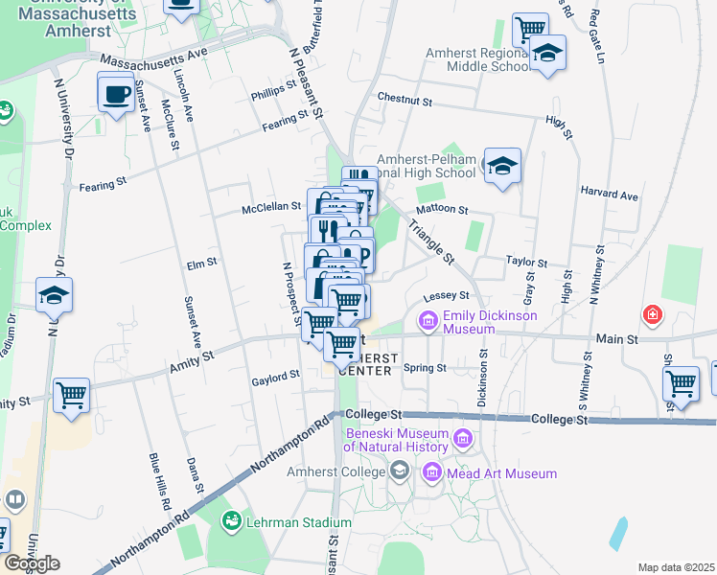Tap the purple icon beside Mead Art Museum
pos(431,472)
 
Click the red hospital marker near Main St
pos(652,313)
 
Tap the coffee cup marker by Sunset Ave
pos(116,94)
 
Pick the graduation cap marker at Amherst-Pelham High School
pos(502,167)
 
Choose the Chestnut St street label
pos(405,99)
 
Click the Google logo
pos(31,563)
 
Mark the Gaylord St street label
pos(276,379)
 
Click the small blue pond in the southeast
pos(619,534)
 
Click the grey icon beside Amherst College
pos(400,471)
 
